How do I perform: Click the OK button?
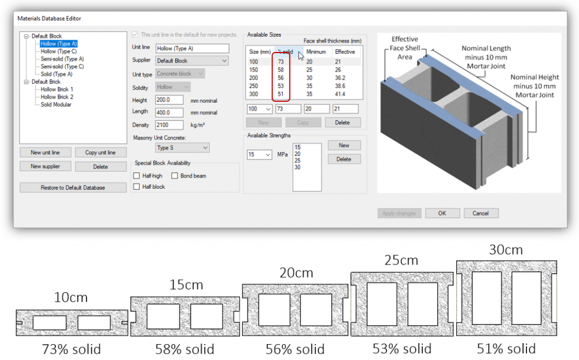click(442, 213)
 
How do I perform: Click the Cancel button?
click(481, 213)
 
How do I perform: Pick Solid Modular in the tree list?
click(56, 105)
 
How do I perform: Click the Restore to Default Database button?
click(73, 188)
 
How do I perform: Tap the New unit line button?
click(46, 153)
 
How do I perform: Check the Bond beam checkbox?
click(175, 176)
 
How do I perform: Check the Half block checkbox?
click(136, 186)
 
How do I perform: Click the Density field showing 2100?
click(169, 125)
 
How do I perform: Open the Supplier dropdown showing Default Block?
click(192, 60)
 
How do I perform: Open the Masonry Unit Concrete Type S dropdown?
click(182, 148)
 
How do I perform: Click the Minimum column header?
click(315, 52)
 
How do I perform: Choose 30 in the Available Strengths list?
click(297, 168)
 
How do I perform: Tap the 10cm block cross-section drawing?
click(71, 323)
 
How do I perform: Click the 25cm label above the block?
click(401, 260)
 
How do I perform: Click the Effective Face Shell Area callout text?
click(404, 48)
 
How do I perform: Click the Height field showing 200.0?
click(169, 99)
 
